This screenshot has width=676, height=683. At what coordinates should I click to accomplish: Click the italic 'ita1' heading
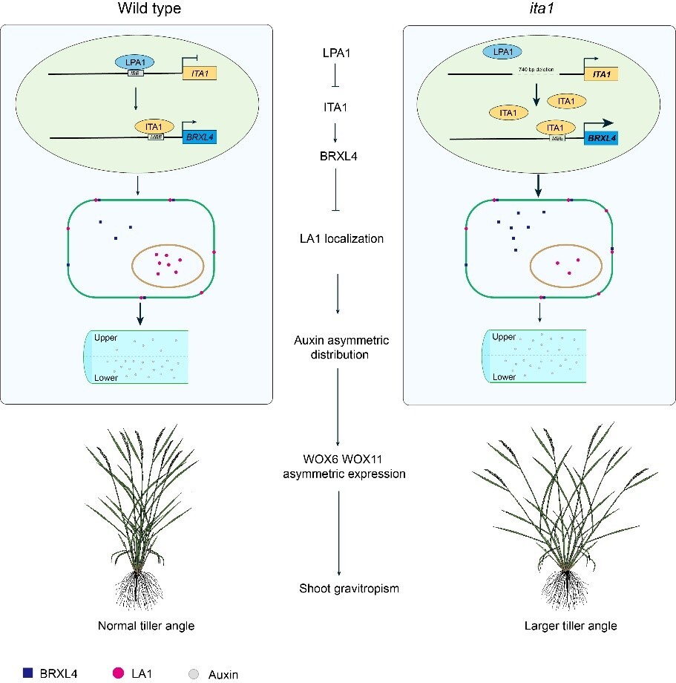coord(539,10)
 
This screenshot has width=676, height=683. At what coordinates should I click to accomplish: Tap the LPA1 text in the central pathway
coord(338,54)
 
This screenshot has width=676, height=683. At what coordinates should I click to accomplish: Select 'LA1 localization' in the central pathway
coord(338,239)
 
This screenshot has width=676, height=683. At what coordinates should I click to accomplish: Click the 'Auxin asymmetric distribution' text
coord(338,347)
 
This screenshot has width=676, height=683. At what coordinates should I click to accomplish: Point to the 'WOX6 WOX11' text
coord(338,460)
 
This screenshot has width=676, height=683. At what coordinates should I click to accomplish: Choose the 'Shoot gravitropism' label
coord(338,589)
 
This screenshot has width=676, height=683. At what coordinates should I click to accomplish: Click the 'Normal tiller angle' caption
coord(146,626)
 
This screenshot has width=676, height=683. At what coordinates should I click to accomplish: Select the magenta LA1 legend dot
coord(117,673)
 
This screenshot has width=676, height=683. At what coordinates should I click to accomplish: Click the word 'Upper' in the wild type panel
coord(106,338)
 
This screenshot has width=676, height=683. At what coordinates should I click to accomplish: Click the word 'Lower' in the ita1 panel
coord(505,377)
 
